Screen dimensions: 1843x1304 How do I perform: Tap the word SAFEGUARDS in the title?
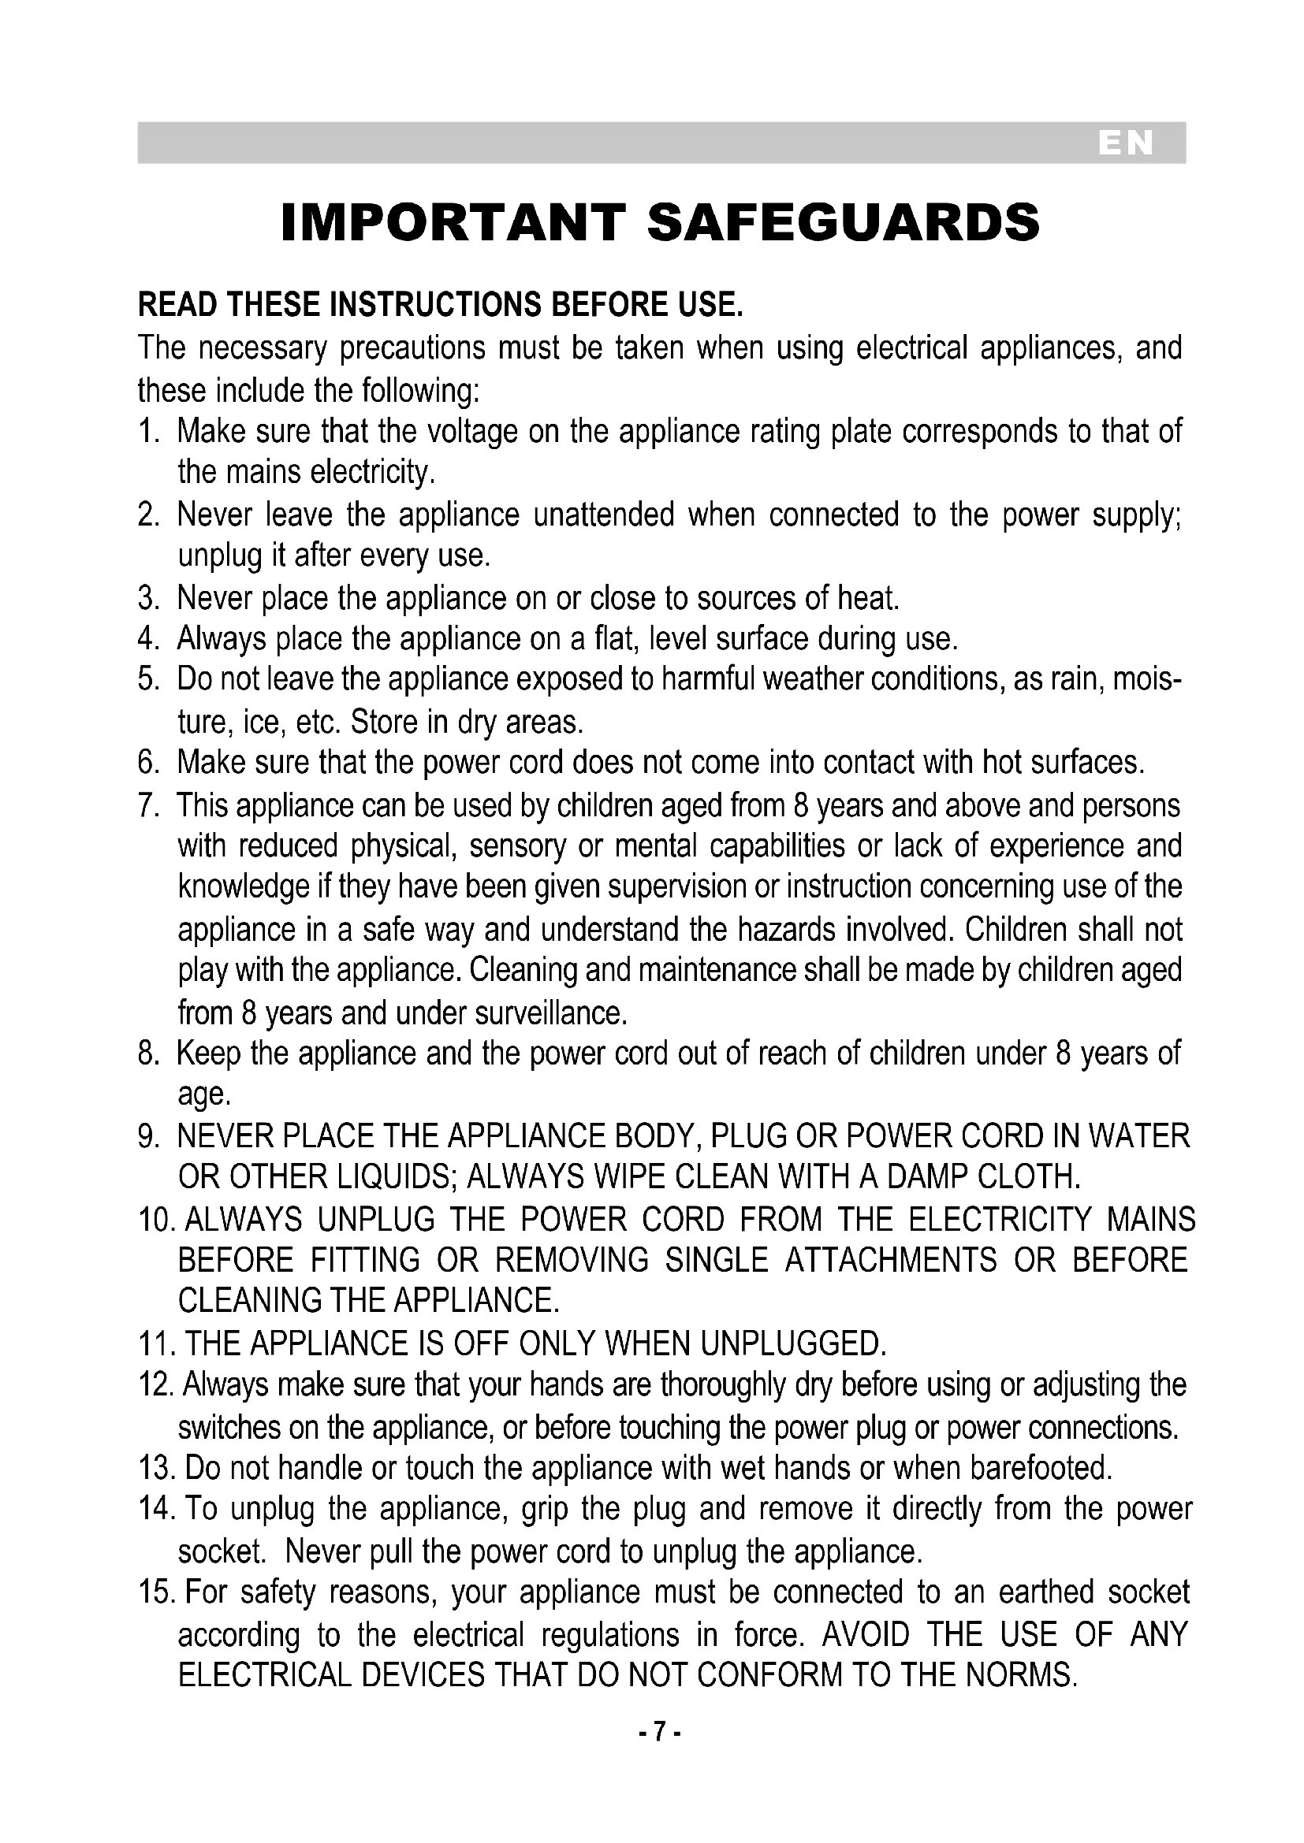coord(842,222)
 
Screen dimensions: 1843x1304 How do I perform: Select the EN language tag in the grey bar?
coord(1126,143)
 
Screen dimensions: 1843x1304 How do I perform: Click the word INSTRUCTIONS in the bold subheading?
coord(436,305)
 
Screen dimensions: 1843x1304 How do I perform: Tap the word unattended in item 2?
coord(604,515)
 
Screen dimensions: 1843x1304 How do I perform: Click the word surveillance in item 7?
coord(550,1013)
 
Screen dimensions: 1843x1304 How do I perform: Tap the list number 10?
coord(156,1220)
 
